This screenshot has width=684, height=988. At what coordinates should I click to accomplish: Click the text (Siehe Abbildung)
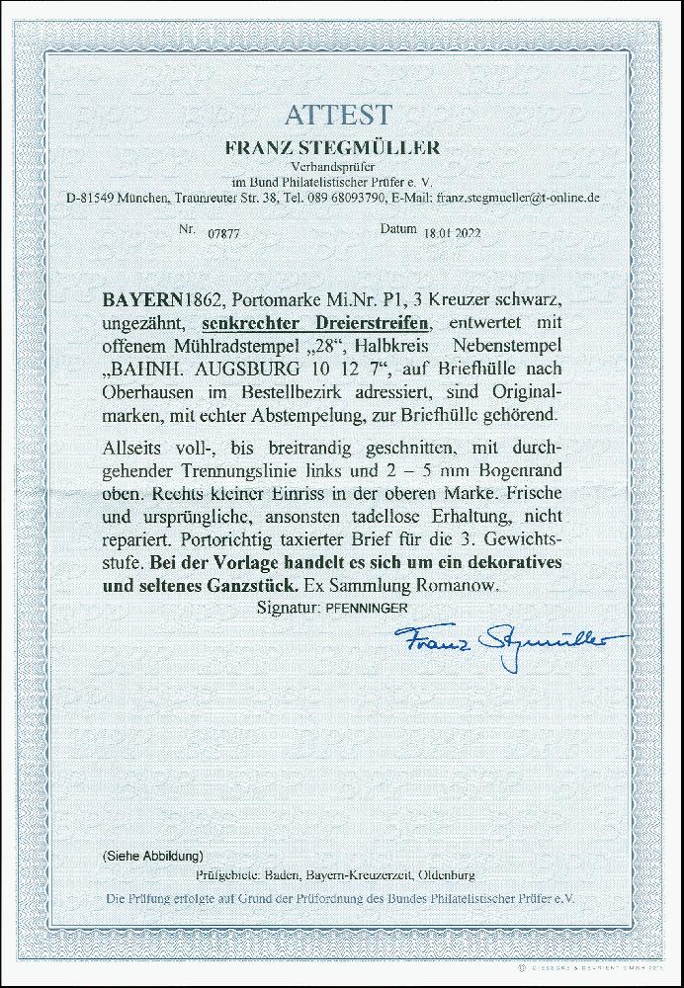click(x=153, y=853)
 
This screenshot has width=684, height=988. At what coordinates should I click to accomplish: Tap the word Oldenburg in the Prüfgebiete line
click(x=445, y=875)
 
